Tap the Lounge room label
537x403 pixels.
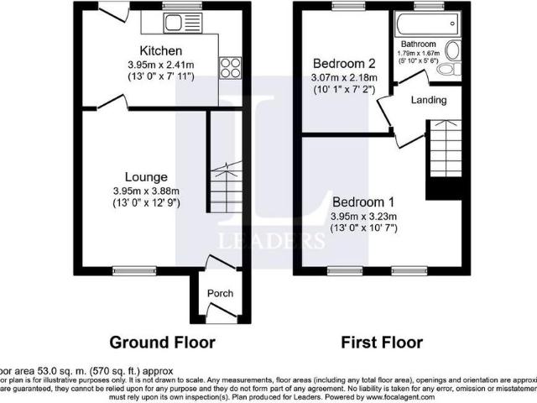[x=147, y=177]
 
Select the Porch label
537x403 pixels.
[x=220, y=293]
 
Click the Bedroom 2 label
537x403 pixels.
[x=344, y=64]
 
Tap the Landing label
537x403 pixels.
[x=428, y=101]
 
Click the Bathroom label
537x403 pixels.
[x=417, y=44]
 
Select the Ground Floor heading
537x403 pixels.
[x=163, y=343]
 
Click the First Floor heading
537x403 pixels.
[x=381, y=343]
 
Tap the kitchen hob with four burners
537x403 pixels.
[x=230, y=67]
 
